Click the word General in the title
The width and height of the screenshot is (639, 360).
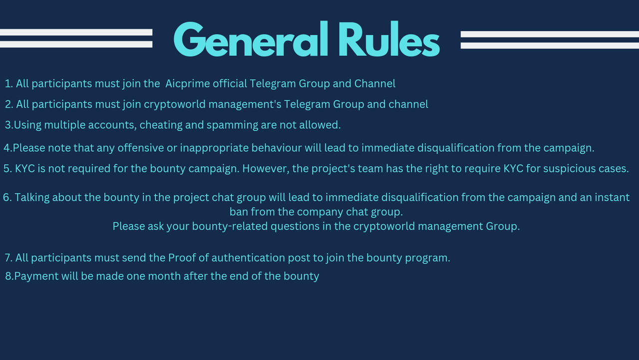click(x=251, y=39)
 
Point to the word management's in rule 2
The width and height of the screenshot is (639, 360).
click(x=245, y=105)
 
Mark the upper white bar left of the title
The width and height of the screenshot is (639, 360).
click(x=76, y=32)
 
